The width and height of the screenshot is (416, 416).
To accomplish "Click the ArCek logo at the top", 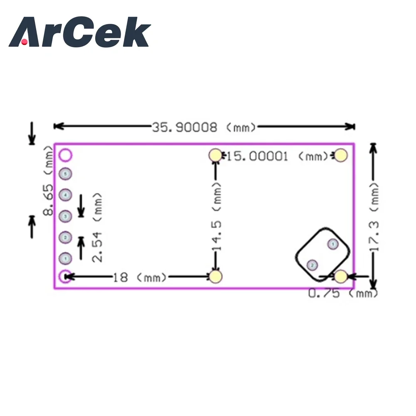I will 79,32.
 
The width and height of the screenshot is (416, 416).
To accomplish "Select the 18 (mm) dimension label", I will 120,277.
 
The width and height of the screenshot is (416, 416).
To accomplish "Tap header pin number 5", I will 65,173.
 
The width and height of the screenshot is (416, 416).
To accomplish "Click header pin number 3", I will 65,216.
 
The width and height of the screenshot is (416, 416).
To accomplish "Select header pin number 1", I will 65,259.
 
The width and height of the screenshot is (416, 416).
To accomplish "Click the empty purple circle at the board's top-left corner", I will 65,155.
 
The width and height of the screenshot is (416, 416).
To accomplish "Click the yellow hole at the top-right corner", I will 341,155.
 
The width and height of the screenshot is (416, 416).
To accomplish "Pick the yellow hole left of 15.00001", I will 215,155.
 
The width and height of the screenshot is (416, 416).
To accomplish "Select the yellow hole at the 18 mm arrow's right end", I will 215,276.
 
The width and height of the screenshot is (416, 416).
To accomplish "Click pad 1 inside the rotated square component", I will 332,244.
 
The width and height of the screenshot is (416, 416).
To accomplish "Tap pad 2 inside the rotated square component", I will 312,265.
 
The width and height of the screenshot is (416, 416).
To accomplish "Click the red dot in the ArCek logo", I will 25,42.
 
